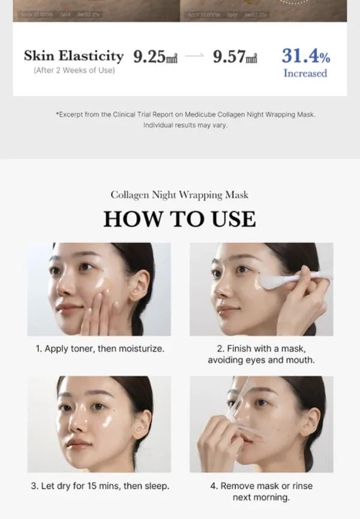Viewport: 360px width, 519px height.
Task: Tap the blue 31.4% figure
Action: [x=305, y=56]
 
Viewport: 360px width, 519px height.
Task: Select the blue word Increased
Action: [x=305, y=73]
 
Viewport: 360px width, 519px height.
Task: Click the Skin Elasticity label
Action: [x=74, y=56]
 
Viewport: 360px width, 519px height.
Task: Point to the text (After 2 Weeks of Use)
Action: [x=74, y=71]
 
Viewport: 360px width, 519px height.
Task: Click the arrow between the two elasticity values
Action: [x=194, y=57]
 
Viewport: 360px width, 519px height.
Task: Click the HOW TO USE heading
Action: [x=179, y=219]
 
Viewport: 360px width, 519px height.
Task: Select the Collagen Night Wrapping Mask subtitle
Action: [x=179, y=195]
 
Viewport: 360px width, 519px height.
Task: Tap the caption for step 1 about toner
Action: [x=99, y=348]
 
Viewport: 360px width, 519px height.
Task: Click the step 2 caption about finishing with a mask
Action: [x=261, y=354]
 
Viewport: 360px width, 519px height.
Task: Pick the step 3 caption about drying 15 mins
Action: [x=99, y=485]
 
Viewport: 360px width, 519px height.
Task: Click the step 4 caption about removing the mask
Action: [x=261, y=491]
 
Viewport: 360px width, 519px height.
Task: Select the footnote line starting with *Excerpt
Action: [x=185, y=114]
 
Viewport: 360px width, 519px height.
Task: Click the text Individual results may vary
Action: [x=185, y=125]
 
